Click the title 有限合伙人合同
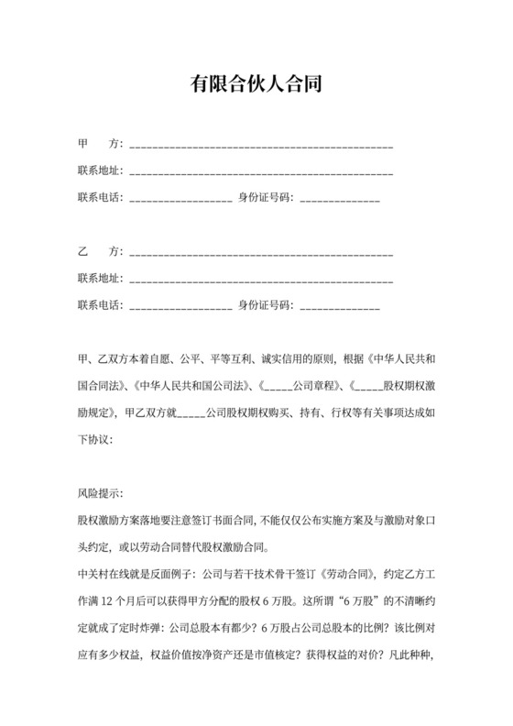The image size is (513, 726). click(x=256, y=85)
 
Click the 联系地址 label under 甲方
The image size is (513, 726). click(x=100, y=171)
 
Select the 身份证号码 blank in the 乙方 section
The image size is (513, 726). click(x=339, y=304)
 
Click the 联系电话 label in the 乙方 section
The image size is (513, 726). click(x=100, y=304)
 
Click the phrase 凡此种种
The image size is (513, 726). click(x=410, y=655)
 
